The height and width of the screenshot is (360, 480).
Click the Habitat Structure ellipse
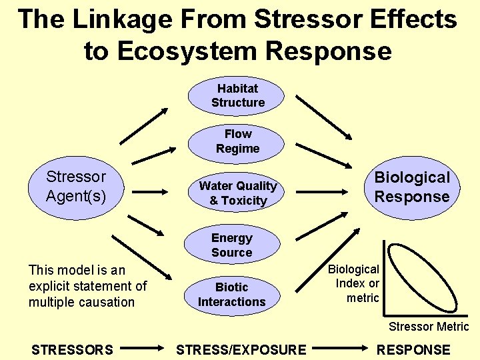(237, 95)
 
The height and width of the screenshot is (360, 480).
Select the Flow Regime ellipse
(237, 141)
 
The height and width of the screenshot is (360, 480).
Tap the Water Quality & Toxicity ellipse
(237, 193)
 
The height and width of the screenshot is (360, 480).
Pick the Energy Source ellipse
(231, 245)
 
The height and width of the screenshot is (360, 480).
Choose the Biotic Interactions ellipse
(231, 294)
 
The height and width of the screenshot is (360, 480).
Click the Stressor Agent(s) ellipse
(75, 187)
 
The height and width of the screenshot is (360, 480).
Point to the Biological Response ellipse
(411, 187)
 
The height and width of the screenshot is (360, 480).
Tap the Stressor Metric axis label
(429, 327)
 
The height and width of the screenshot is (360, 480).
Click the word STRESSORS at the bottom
(72, 349)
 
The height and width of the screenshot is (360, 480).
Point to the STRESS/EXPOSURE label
(241, 349)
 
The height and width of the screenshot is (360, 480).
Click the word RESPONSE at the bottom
(413, 349)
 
